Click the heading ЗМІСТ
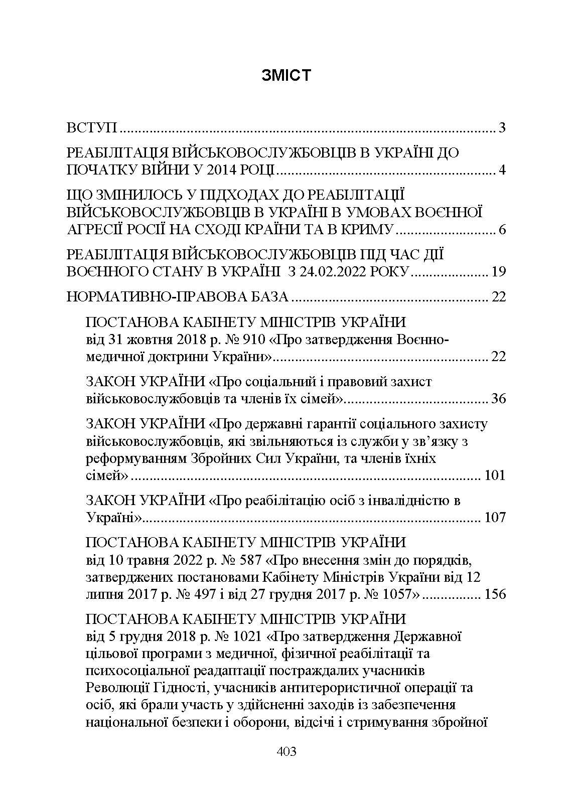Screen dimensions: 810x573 [286, 75]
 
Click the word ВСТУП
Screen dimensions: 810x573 [92, 127]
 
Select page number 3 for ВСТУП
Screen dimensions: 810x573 [502, 127]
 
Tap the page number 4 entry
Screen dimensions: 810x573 [502, 170]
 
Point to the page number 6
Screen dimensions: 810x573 [502, 230]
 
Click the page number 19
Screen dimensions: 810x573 [499, 272]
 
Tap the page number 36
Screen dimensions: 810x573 [499, 399]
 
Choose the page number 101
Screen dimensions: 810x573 [495, 475]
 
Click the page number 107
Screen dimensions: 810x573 [495, 517]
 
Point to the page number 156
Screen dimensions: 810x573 [495, 594]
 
